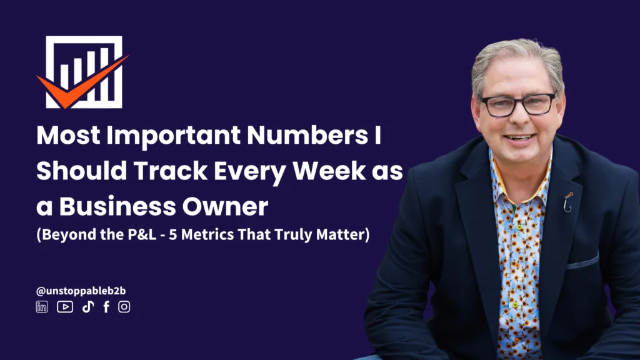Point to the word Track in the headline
pyautogui.click(x=171, y=171)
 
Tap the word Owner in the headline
pyautogui.click(x=225, y=206)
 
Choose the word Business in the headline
pyautogui.click(x=117, y=206)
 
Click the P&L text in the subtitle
pyautogui.click(x=142, y=234)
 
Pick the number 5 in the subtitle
pyautogui.click(x=172, y=235)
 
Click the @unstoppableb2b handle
pyautogui.click(x=81, y=291)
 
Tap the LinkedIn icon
pyautogui.click(x=42, y=307)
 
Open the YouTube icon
pyautogui.click(x=65, y=307)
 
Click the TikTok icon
pyautogui.click(x=88, y=307)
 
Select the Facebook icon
pyautogui.click(x=106, y=307)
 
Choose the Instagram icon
pyautogui.click(x=124, y=307)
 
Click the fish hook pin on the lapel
pyautogui.click(x=567, y=202)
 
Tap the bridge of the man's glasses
pyautogui.click(x=518, y=99)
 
